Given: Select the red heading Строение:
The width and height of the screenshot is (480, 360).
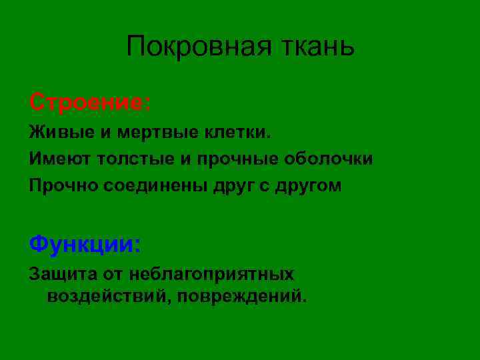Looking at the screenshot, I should tap(90, 103).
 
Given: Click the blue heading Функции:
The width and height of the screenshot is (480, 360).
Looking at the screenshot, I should tap(85, 244).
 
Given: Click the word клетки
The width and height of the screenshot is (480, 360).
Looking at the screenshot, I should tap(239, 132).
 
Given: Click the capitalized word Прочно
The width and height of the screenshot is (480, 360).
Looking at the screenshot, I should tap(63, 187).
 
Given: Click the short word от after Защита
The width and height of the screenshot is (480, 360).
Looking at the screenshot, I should tap(113, 273).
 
